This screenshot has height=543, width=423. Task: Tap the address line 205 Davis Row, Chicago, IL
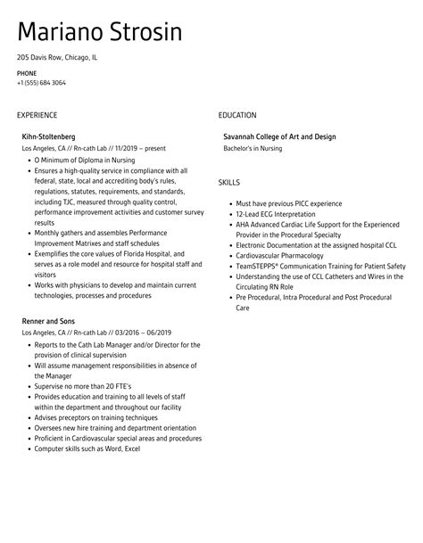tap(57, 58)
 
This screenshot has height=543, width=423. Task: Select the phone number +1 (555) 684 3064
tap(41, 83)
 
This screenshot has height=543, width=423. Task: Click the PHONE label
tap(26, 73)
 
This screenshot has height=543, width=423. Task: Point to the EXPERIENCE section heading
tap(37, 115)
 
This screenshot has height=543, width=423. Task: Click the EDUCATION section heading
tap(237, 115)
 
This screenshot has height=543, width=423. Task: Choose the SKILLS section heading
tap(229, 182)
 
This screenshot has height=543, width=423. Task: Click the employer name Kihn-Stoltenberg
tap(50, 136)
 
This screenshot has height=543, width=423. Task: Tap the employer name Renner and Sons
tap(47, 320)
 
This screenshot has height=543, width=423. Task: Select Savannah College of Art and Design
tap(279, 136)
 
